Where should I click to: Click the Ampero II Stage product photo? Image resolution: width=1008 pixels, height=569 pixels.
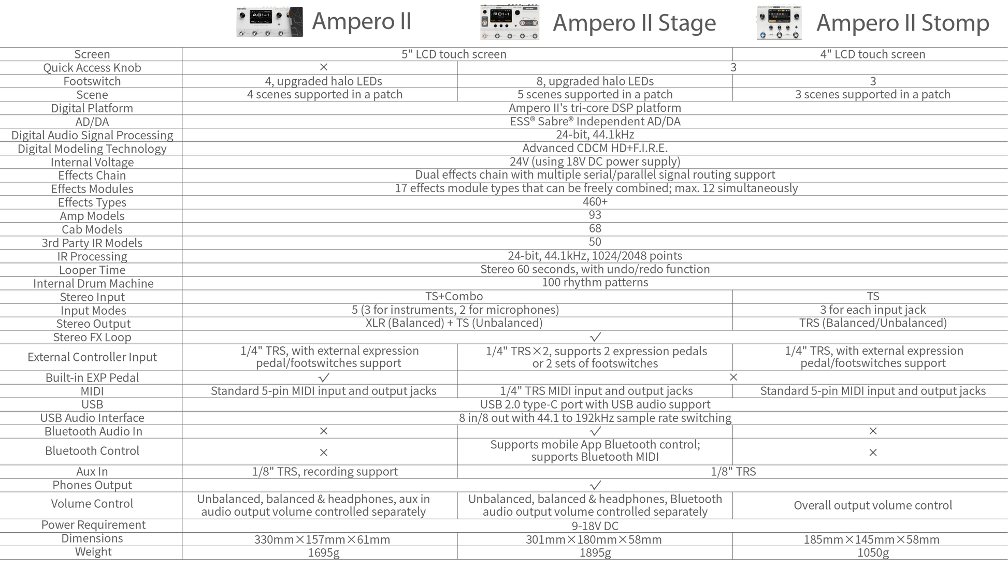[510, 22]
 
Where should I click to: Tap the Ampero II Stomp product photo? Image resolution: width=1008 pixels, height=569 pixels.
[779, 23]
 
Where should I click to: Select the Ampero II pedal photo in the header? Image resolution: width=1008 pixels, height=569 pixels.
[269, 22]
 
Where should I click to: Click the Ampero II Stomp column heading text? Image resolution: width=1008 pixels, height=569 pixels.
[903, 22]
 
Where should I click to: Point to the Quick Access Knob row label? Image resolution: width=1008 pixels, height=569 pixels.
[92, 67]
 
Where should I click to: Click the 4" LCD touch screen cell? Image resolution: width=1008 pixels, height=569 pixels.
[873, 54]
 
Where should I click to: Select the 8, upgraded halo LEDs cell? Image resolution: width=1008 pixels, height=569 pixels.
[595, 81]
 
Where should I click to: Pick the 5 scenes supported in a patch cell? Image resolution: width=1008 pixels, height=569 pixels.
[595, 94]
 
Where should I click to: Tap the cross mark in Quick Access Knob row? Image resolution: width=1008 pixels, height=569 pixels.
[324, 67]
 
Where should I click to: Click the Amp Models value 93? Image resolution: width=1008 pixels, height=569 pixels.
[595, 215]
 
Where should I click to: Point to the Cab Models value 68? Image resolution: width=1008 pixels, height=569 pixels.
[595, 228]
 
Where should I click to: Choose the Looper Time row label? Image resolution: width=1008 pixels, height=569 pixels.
[92, 270]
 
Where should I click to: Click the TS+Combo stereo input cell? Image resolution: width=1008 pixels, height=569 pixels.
[454, 296]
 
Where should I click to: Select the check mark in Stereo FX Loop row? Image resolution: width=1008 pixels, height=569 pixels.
[595, 337]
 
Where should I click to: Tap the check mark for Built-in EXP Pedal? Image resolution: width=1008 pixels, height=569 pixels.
[324, 377]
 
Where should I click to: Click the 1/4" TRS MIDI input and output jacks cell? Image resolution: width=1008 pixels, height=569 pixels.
[596, 391]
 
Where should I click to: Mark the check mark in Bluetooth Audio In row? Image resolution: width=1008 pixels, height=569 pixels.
[595, 431]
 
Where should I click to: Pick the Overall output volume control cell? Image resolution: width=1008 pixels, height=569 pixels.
[873, 505]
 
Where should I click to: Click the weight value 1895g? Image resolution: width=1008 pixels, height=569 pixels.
[595, 552]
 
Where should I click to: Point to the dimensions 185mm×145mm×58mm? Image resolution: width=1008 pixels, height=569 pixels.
[872, 539]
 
